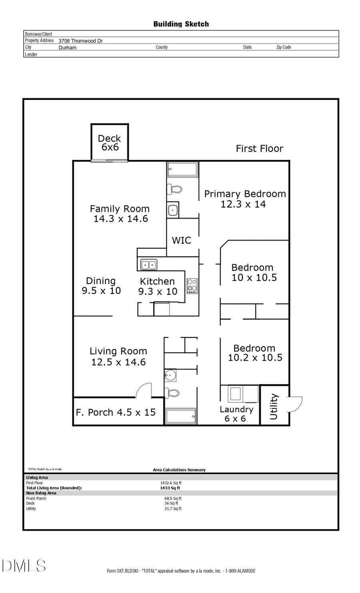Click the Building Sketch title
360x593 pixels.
tap(181, 24)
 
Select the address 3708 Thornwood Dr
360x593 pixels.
tap(80, 41)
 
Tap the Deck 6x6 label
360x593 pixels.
tap(110, 143)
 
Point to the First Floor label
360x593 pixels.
tap(259, 149)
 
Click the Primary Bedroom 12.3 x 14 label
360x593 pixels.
tap(245, 199)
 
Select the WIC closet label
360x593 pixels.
tap(181, 240)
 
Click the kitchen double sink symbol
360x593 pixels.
tap(148, 265)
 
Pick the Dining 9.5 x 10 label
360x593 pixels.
tap(101, 286)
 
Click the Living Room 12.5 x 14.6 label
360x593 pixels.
tap(118, 357)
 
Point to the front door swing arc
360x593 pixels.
tap(144, 391)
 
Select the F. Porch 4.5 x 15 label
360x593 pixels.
tap(116, 412)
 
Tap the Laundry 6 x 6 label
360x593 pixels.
tap(236, 414)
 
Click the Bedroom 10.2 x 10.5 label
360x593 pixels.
tap(255, 353)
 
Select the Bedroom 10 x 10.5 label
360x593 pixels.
tap(253, 272)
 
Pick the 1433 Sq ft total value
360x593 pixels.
tap(170, 488)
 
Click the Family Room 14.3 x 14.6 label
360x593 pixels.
tap(120, 214)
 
